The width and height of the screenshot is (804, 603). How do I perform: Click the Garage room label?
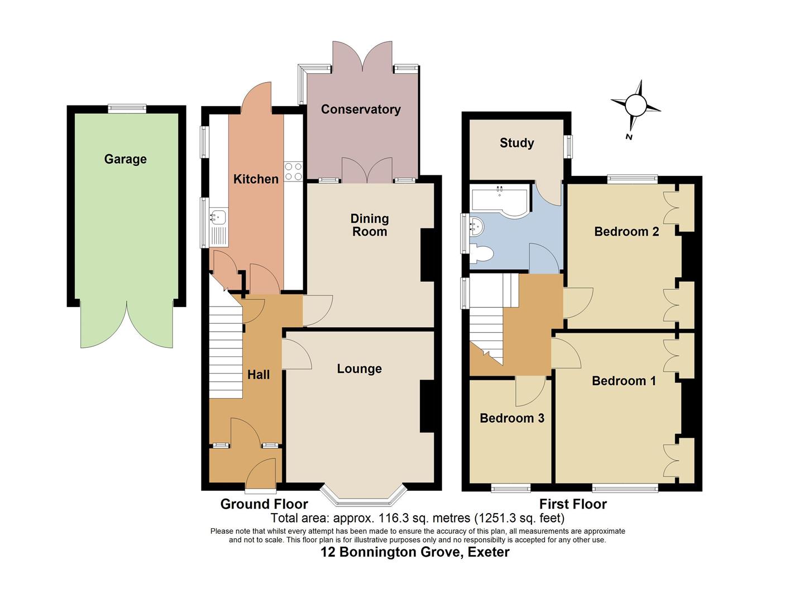pyautogui.click(x=125, y=159)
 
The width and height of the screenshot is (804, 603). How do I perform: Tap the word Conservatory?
pyautogui.click(x=361, y=109)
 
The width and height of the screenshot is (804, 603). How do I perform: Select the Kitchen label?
pyautogui.click(x=256, y=179)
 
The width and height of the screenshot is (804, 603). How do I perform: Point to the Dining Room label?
pyautogui.click(x=370, y=225)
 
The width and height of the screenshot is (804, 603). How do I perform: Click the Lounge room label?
pyautogui.click(x=359, y=369)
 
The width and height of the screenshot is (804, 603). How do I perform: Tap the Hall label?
pyautogui.click(x=259, y=375)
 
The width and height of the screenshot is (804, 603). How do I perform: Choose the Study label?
pyautogui.click(x=516, y=143)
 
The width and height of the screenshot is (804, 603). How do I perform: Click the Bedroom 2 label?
pyautogui.click(x=626, y=232)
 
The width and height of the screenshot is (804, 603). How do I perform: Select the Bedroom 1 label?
pyautogui.click(x=624, y=381)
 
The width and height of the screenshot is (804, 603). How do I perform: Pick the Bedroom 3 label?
pyautogui.click(x=511, y=418)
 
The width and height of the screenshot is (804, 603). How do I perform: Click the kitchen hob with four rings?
pyautogui.click(x=293, y=171)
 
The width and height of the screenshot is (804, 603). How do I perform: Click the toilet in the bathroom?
pyautogui.click(x=481, y=254)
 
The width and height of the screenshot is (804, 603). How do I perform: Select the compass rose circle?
pyautogui.click(x=635, y=104)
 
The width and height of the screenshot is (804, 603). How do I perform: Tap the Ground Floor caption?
pyautogui.click(x=264, y=504)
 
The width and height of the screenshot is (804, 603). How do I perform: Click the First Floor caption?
pyautogui.click(x=572, y=504)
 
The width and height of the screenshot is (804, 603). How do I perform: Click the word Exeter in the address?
pyautogui.click(x=489, y=552)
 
